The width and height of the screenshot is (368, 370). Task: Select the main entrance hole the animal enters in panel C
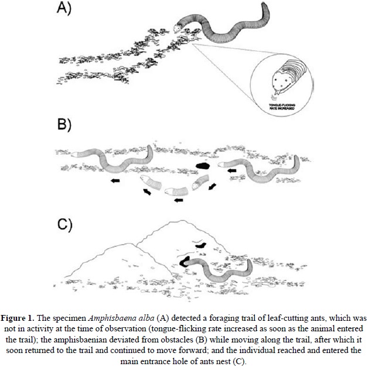click(x=187, y=262)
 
